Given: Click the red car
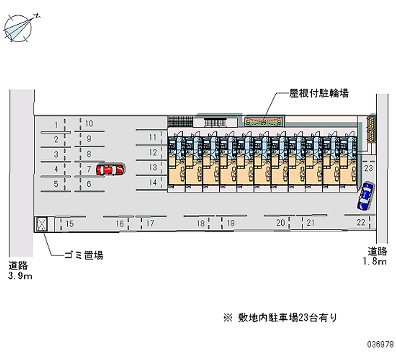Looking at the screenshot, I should pos(110,169).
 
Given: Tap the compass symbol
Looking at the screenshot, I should pos(18,28).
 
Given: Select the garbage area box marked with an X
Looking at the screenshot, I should pos(42,224).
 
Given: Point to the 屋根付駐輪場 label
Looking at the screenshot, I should pos(319,93).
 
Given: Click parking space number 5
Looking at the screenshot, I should pos(56,184).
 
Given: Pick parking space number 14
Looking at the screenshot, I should pos(153,182).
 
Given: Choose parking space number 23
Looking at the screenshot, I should pos(368,168).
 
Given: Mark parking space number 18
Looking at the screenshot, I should pos(200,223).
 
